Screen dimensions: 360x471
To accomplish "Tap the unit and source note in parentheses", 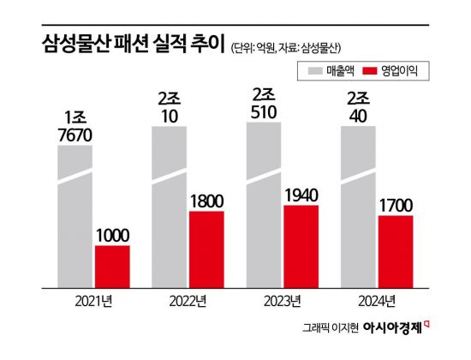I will point(291,47).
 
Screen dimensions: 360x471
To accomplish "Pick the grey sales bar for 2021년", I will point(75,214).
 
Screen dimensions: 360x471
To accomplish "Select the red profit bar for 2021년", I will point(112,265).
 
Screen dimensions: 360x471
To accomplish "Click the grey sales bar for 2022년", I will point(170,206).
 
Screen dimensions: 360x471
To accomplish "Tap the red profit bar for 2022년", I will point(206,248).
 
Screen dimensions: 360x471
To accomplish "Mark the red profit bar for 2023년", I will point(301,244).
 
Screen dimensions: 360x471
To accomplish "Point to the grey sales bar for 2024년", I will point(358,206).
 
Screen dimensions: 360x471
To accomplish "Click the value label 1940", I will point(301,195).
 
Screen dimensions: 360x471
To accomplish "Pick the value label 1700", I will point(395,205).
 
